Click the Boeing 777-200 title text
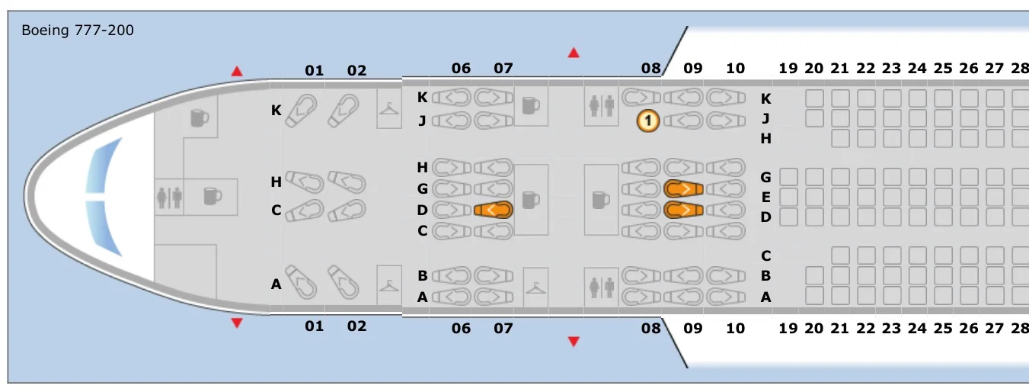[x=78, y=31]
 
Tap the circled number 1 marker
[x=648, y=120]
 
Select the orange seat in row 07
[x=493, y=210]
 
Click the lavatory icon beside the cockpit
[x=169, y=197]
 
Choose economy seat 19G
[x=788, y=177]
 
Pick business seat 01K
[x=305, y=111]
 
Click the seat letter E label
[x=766, y=197]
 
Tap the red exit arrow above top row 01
[x=237, y=72]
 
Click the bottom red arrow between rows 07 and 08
[x=574, y=342]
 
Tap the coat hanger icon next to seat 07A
[x=535, y=287]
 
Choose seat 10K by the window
[x=725, y=98]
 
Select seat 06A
[x=452, y=297]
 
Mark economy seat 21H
[x=840, y=138]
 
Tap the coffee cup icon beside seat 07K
[x=529, y=107]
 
